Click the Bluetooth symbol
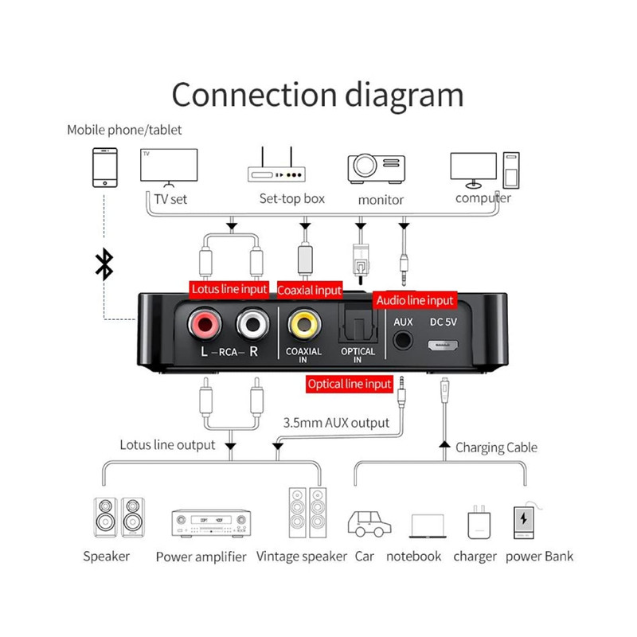tap(104, 264)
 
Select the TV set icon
tap(167, 166)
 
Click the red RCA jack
tap(202, 325)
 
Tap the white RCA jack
tap(252, 325)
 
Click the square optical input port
tap(356, 326)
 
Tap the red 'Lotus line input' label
tap(229, 289)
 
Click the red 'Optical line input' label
tap(350, 384)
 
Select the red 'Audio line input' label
tap(415, 300)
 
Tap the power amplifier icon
tap(212, 522)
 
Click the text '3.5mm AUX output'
tap(336, 422)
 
